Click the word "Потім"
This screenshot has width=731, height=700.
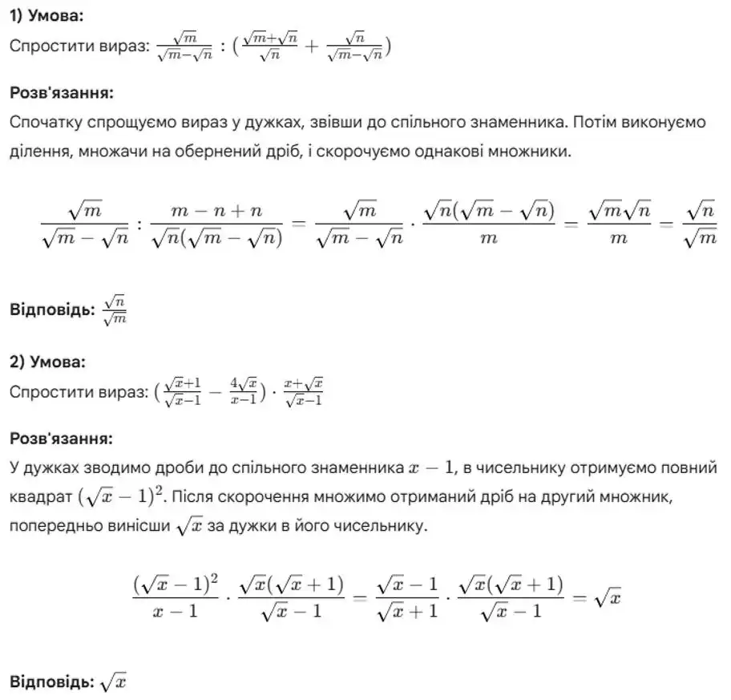point(571,122)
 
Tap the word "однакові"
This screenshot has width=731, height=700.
point(466,151)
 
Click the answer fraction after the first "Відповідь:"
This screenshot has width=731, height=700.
point(115,310)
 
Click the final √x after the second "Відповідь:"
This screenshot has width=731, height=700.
point(114,682)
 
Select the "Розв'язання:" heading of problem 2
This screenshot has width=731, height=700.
point(61,439)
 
